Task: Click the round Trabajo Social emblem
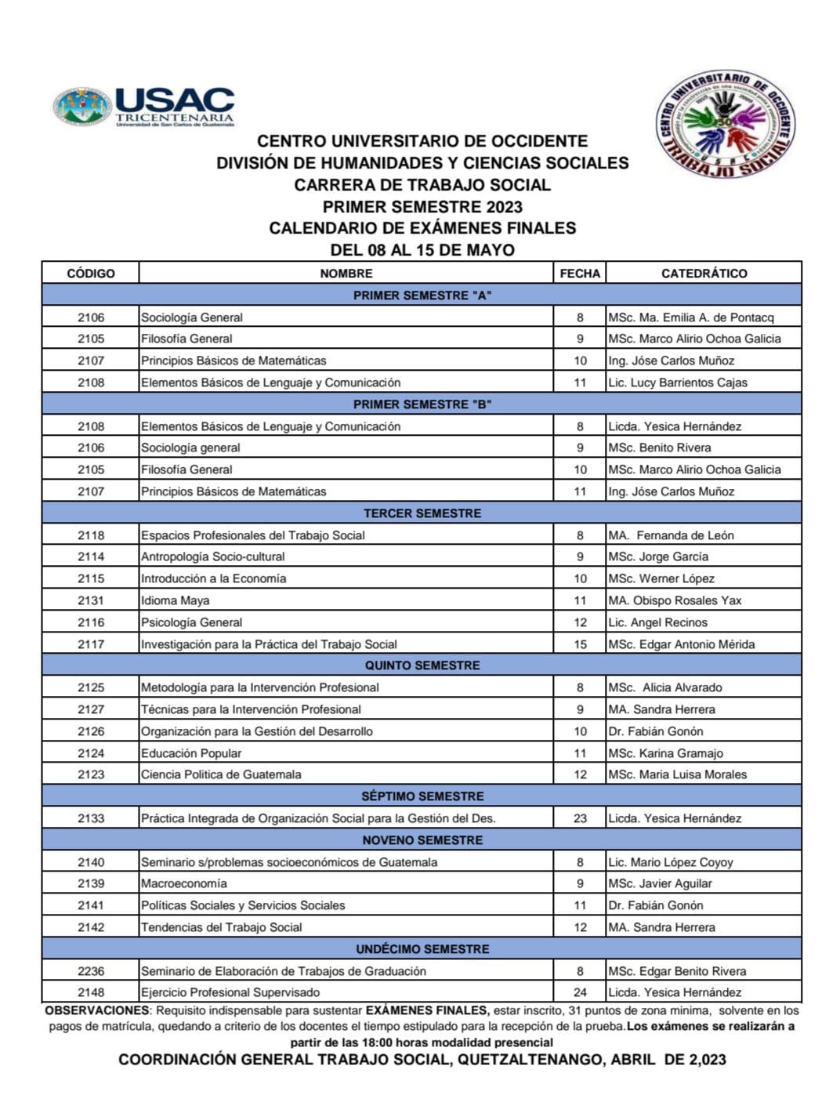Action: click(724, 123)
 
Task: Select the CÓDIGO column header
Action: click(91, 274)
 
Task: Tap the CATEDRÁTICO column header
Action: click(704, 274)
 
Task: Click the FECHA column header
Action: click(580, 274)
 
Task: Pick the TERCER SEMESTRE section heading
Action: click(422, 513)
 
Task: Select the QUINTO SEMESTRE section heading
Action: click(422, 665)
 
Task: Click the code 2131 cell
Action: click(91, 600)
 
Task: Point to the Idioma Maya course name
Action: click(176, 600)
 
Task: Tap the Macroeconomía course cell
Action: click(184, 883)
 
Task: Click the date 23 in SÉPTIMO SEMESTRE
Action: click(580, 818)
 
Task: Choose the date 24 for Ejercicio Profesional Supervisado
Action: click(580, 992)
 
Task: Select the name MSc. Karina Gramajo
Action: click(665, 753)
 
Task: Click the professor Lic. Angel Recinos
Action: click(657, 622)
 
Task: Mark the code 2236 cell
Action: click(91, 971)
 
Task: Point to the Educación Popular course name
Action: click(191, 753)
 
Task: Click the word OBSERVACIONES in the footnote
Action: click(96, 1010)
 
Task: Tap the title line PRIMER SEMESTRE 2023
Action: click(422, 207)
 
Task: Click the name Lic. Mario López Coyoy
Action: click(670, 862)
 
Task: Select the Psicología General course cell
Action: click(192, 622)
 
